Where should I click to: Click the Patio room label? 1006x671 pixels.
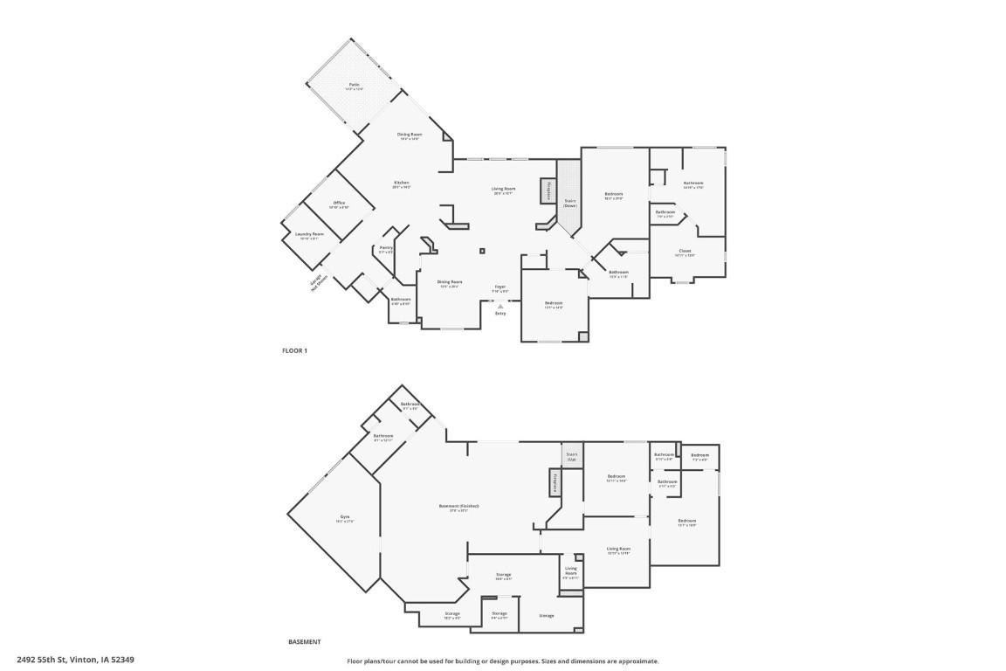coord(354,85)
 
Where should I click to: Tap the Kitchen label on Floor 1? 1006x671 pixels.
coord(401,183)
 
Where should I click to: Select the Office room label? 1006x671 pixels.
coord(339,204)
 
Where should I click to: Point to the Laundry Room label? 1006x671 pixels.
coord(309,234)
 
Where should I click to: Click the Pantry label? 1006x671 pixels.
coord(385,248)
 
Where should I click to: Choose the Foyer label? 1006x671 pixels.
coord(500,287)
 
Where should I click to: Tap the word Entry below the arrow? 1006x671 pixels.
coord(500,314)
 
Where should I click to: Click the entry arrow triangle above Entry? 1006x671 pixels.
coord(500,307)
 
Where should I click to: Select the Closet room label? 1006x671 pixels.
coord(685,252)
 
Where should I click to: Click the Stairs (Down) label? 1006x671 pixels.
coord(569,202)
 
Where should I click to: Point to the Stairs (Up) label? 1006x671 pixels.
coord(572,455)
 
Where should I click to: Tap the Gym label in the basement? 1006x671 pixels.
coord(345,518)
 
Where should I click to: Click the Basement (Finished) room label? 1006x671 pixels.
coord(458,507)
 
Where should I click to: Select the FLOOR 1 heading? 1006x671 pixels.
coord(294,350)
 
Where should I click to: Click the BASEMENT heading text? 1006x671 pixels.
coord(304,642)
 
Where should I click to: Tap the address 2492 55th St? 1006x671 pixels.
coord(75,661)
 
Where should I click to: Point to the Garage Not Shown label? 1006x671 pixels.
coord(318,281)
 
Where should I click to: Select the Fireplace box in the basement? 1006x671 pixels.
coord(553,482)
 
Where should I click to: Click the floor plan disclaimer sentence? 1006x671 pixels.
coord(503,661)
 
